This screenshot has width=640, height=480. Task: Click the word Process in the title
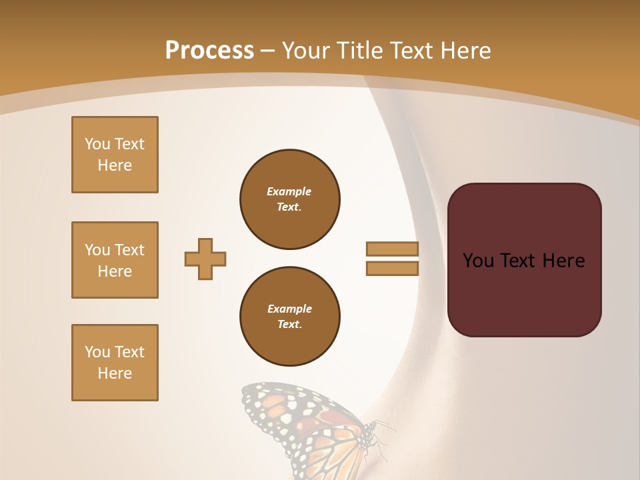pyautogui.click(x=209, y=50)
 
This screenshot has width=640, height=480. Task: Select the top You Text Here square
pyautogui.click(x=115, y=155)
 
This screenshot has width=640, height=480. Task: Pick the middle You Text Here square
pyautogui.click(x=115, y=260)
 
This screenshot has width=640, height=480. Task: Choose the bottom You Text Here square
pyautogui.click(x=115, y=363)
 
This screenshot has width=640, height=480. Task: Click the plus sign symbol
pyautogui.click(x=205, y=259)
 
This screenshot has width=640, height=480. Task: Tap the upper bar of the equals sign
pyautogui.click(x=393, y=249)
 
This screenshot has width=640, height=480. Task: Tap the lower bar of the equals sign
pyautogui.click(x=393, y=268)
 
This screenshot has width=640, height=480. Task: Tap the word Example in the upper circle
pyautogui.click(x=289, y=191)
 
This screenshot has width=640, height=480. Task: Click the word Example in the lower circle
pyautogui.click(x=289, y=309)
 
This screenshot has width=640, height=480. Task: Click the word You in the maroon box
pyautogui.click(x=478, y=261)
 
